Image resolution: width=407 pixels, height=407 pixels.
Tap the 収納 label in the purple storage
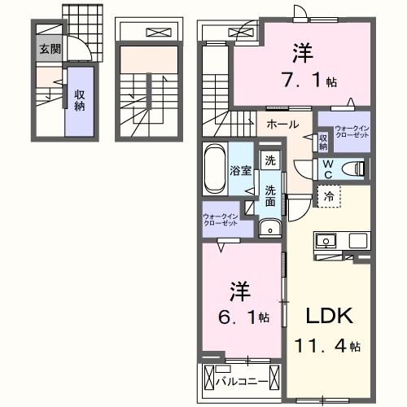tap(80, 100)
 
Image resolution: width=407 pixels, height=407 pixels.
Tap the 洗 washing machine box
tap(269, 160)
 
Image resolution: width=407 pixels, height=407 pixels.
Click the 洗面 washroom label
tap(269, 195)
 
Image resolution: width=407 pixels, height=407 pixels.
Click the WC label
tap(326, 168)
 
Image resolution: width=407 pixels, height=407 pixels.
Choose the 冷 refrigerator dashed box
tap(328, 195)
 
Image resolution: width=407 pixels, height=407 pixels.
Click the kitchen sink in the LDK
tap(326, 241)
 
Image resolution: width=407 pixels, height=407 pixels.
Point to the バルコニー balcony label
tap(247, 380)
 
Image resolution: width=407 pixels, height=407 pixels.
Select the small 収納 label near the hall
tap(323, 142)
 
